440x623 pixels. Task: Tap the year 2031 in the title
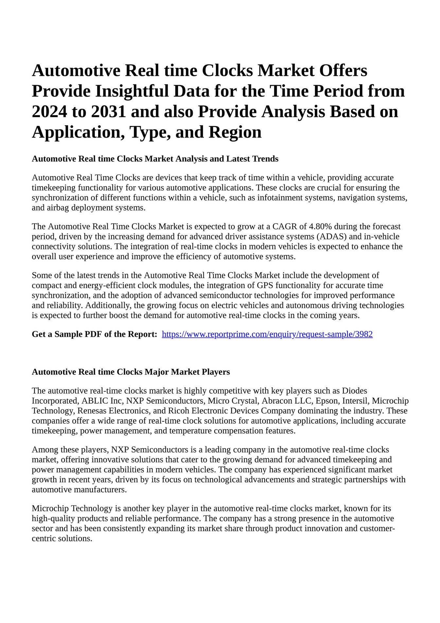[108, 112]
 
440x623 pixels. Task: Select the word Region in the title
[235, 132]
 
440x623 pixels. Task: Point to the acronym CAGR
[284, 227]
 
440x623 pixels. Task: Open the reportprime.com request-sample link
[267, 334]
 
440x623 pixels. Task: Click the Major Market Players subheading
[131, 372]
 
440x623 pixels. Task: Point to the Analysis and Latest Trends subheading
[155, 159]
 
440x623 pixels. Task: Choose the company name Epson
[326, 401]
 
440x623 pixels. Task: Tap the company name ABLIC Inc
[102, 401]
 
